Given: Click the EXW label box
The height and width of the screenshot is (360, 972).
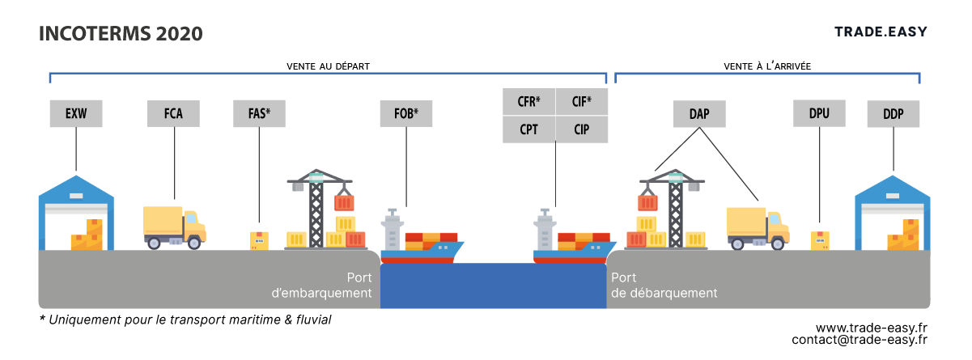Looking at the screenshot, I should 76,114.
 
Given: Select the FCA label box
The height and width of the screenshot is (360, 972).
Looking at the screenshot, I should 173,114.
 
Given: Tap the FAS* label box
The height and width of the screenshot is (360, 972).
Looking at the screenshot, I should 259,114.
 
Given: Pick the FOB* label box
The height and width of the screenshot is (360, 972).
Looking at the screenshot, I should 406,114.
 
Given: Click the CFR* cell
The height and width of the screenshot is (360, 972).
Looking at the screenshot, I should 528,102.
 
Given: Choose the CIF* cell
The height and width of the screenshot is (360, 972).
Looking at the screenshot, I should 582,102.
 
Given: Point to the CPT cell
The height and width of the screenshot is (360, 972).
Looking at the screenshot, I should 528,129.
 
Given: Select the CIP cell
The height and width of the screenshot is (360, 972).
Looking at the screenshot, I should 582,129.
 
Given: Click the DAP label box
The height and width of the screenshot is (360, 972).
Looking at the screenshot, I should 699,114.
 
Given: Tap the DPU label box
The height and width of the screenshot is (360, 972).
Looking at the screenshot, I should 819,114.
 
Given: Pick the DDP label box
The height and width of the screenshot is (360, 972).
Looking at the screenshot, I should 893,114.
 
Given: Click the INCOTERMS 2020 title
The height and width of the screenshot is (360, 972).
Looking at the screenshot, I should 121,33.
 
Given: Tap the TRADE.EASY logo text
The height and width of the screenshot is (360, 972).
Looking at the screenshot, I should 881,32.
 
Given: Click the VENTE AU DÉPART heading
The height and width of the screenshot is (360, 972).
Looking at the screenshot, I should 328,66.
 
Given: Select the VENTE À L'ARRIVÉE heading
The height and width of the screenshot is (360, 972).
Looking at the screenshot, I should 767,66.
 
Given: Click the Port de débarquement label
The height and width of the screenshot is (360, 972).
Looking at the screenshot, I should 664,286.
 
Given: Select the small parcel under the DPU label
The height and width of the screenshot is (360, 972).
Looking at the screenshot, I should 820,240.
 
